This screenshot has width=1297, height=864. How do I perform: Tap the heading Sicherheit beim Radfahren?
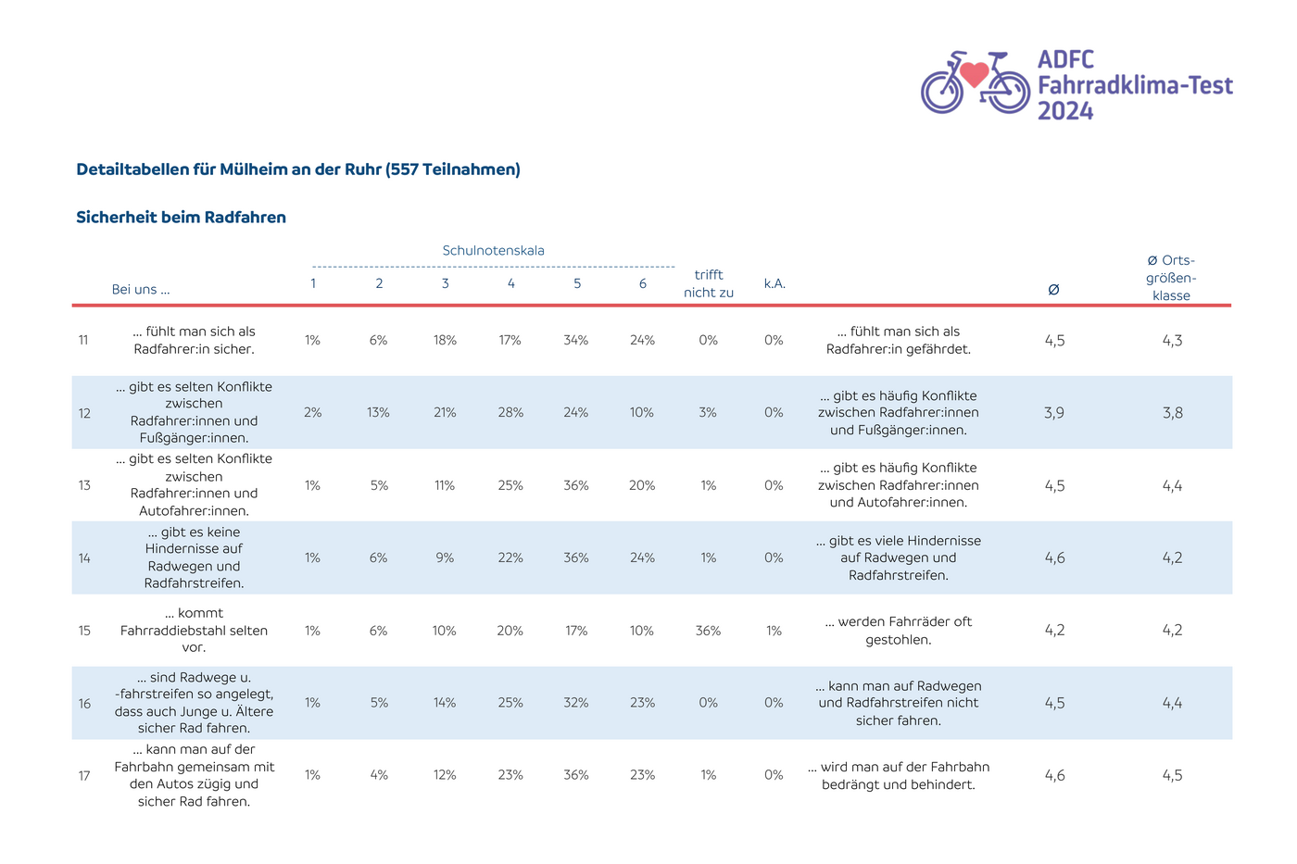coord(182,217)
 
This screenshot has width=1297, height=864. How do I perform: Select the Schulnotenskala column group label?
coord(493,251)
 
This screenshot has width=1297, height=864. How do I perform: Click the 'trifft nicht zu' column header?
coord(708,283)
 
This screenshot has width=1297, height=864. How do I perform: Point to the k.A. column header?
coord(774,283)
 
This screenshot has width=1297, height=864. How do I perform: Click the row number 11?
coord(83,340)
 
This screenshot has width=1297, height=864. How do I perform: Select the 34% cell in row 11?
coord(576,340)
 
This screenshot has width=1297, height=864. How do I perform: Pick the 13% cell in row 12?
coord(378,413)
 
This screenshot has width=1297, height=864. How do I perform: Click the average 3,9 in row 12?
coord(1054,413)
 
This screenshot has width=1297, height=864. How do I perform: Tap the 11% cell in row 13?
coord(445,485)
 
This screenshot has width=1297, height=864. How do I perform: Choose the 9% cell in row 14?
coord(445,557)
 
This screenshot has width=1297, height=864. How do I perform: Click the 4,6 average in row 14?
coord(1054,557)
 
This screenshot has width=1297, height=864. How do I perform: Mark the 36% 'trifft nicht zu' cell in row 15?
coord(708,631)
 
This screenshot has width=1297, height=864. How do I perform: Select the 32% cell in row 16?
coord(576,703)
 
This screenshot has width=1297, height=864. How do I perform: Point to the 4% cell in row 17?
coord(379,775)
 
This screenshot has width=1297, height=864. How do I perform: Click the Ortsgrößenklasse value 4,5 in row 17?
coord(1173,775)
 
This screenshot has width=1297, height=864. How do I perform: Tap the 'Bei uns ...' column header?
coord(141,289)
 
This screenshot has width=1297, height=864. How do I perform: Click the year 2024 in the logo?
coord(1065,111)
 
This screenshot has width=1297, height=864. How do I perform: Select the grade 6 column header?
coord(643,283)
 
